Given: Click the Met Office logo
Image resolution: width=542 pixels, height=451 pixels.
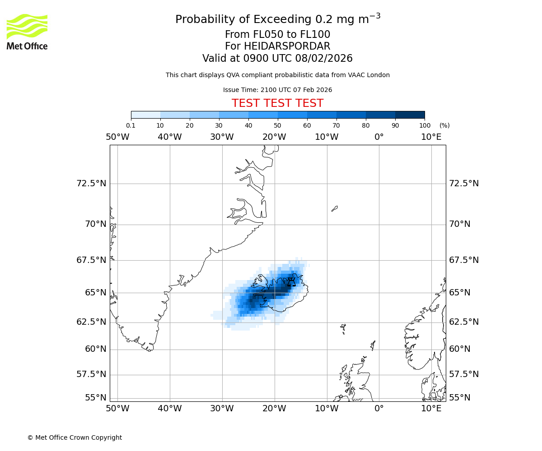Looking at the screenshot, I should coord(27,32).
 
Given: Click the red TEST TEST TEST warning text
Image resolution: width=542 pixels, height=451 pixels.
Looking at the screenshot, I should coord(277,103).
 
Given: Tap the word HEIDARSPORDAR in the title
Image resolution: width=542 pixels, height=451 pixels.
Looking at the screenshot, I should coord(287,46).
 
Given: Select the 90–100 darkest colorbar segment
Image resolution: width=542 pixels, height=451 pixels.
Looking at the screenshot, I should coord(410,115).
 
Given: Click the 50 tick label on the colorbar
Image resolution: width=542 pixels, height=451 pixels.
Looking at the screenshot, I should coord(277,125).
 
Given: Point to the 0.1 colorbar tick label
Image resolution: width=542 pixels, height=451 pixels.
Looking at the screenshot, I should coord(131,125).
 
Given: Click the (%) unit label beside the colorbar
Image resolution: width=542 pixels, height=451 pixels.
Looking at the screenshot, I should coord(444,125).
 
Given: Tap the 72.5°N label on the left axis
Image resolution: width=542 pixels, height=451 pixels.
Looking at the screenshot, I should coord(91,184).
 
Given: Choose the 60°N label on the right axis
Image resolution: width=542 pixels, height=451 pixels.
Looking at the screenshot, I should coord(459,349).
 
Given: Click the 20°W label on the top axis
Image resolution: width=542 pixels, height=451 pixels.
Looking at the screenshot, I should coord(274,137).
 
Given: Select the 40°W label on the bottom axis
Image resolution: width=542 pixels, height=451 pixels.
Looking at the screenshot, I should coord(169,409).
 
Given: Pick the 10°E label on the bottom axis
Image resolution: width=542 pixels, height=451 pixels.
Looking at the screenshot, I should coord(431,409).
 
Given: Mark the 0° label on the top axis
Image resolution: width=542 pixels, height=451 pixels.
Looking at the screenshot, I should coord(379,137).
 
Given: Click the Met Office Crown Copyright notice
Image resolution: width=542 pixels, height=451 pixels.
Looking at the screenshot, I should coord(75,437).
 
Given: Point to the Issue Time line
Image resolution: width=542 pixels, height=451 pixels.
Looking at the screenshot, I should coord(277,90).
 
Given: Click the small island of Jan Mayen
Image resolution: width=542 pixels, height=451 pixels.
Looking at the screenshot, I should coord(334,208).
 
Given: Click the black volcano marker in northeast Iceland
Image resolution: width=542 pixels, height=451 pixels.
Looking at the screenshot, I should coord(291,282).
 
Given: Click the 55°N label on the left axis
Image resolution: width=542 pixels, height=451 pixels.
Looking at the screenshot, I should coord(96,397).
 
